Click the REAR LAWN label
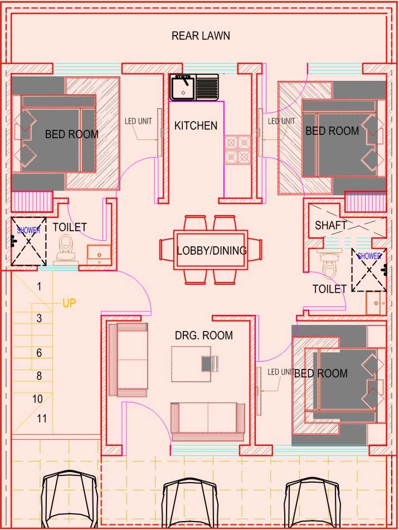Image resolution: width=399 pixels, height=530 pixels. click(x=201, y=36)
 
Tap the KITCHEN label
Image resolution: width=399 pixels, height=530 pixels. click(x=196, y=126)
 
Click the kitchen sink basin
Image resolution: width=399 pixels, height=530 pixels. click(x=183, y=87)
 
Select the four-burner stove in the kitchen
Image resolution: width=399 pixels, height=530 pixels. click(x=238, y=149)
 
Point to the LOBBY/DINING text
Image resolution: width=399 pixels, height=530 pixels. click(x=212, y=250)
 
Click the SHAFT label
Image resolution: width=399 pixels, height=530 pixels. click(x=331, y=225)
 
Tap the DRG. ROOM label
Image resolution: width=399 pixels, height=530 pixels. click(x=204, y=335)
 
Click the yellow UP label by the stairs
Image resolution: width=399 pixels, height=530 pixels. click(x=69, y=303)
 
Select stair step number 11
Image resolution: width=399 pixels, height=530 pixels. click(x=42, y=419)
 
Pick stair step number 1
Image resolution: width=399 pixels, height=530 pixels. click(x=39, y=286)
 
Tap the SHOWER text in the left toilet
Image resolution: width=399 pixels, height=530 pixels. click(x=28, y=230)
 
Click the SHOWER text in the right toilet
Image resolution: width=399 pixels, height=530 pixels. click(x=369, y=256)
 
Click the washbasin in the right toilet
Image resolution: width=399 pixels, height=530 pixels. click(x=376, y=303)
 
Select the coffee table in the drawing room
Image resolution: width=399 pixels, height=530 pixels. click(x=192, y=364)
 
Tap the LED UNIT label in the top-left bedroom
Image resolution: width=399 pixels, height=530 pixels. click(x=138, y=121)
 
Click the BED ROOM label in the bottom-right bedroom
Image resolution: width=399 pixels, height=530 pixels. click(x=320, y=373)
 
